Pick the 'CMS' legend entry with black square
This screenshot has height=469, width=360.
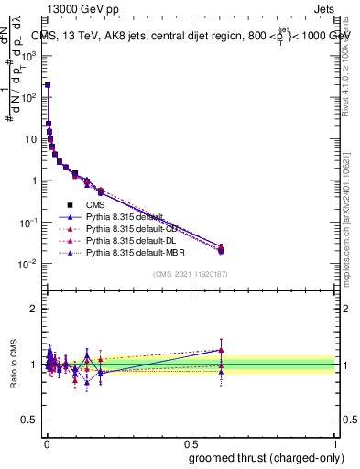coord(96,205)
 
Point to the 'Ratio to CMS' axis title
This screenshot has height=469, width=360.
coord(12,364)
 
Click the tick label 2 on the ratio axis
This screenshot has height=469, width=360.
coord(35,309)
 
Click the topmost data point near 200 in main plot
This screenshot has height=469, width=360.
coord(48,84)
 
